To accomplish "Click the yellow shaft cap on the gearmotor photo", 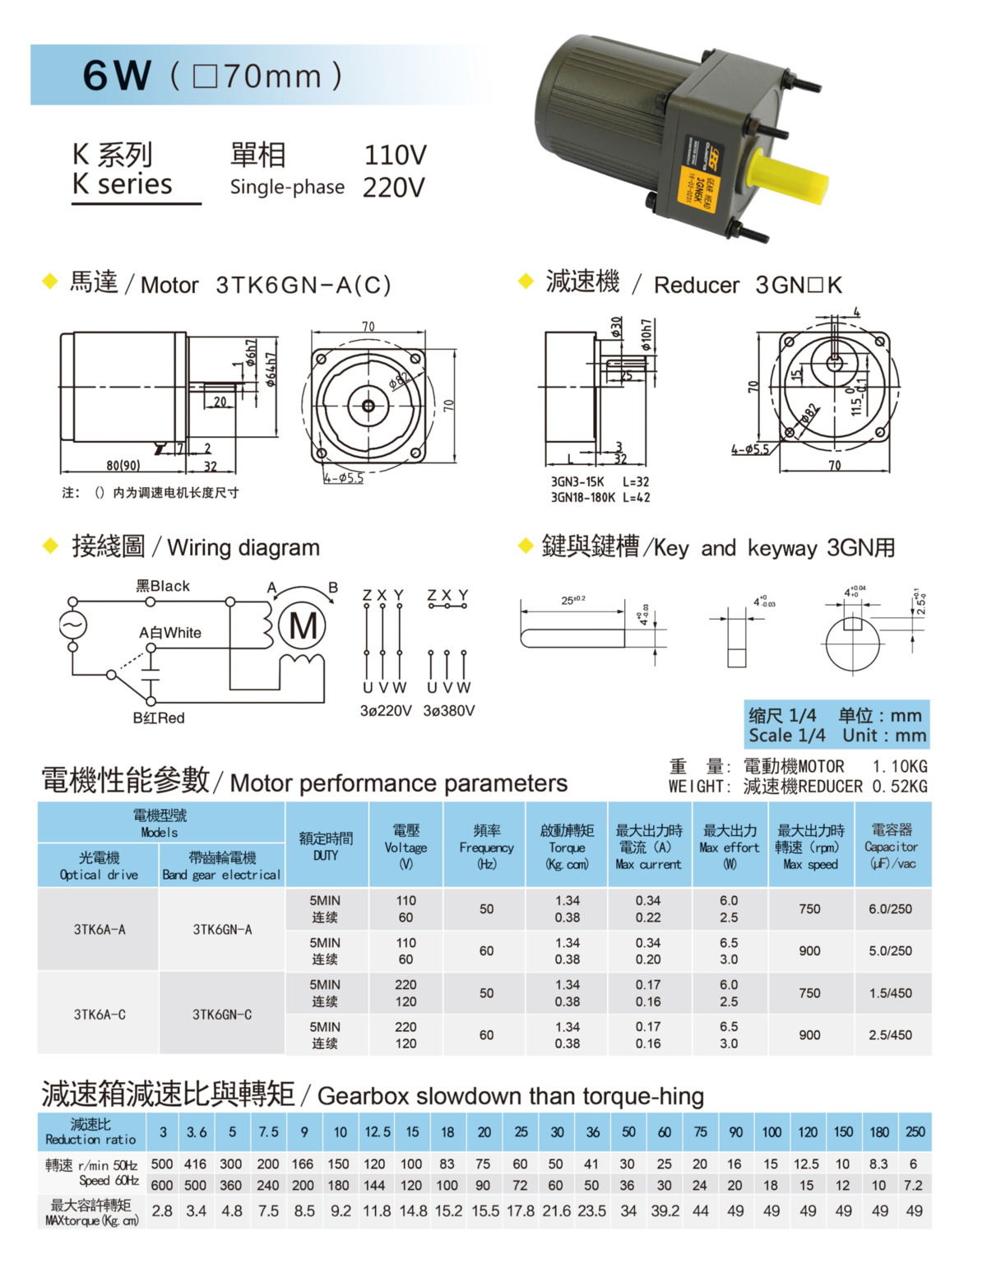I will tap(785, 178).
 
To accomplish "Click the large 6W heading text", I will tap(117, 76).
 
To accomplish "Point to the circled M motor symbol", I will tap(303, 627).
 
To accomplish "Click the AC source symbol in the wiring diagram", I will tap(72, 625).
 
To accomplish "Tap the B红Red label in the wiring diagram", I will tap(159, 718).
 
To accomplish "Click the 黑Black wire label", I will tap(163, 586).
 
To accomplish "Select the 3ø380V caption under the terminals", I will tap(448, 710).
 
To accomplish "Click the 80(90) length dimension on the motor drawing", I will tap(123, 466).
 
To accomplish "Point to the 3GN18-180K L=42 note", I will tap(600, 497).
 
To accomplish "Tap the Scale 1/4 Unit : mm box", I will tap(836, 725).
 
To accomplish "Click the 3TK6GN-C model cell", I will tap(222, 1015).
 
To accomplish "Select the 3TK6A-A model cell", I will tap(100, 930).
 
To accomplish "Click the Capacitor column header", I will tap(891, 847).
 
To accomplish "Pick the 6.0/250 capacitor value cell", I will tap(891, 909).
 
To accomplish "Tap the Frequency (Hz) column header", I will tap(486, 847).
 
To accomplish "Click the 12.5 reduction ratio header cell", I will tap(377, 1132).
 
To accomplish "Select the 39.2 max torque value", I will tap(665, 1211).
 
